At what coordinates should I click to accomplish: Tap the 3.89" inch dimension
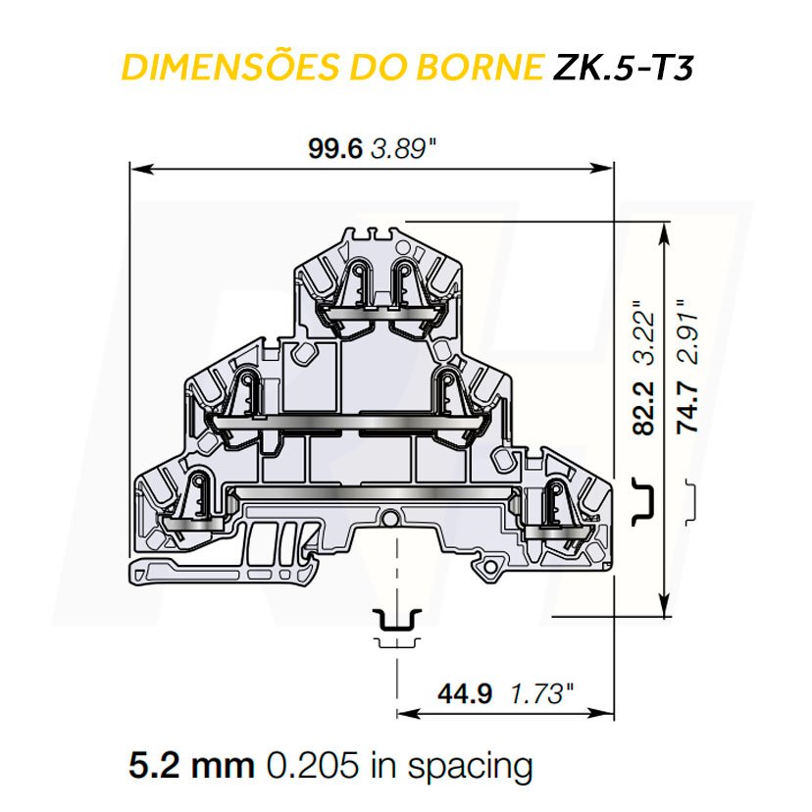pos(402,149)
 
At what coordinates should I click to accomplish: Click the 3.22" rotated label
pos(644,333)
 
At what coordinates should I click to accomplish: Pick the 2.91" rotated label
pos(689,333)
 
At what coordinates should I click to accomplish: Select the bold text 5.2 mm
pos(192,765)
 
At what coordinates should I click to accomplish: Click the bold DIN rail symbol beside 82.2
pos(644,497)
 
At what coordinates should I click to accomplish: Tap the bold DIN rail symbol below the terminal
pos(398,620)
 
